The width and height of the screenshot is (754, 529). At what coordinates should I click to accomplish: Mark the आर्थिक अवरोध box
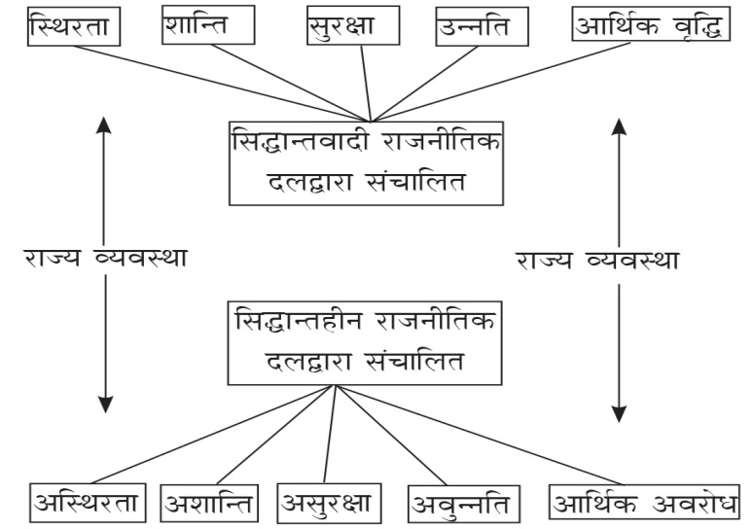click(x=645, y=504)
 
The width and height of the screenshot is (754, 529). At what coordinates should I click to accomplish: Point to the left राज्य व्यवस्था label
click(x=107, y=260)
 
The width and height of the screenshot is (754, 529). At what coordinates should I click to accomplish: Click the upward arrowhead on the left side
click(x=106, y=123)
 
